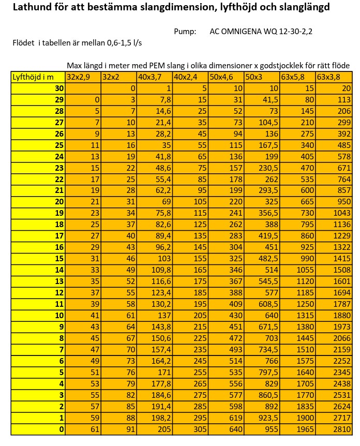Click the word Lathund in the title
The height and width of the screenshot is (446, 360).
pyautogui.click(x=33, y=8)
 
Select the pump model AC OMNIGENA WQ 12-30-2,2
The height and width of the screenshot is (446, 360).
pyautogui.click(x=261, y=32)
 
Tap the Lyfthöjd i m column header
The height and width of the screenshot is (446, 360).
pyautogui.click(x=33, y=77)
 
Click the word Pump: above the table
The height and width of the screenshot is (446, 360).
pyautogui.click(x=185, y=32)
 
